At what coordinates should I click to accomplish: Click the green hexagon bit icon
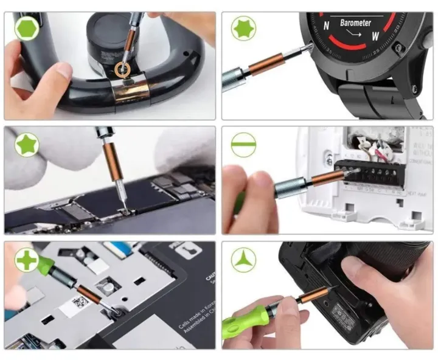tap(27, 28)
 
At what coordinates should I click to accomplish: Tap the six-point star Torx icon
tap(243, 28)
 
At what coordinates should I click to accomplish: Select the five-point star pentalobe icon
tap(27, 145)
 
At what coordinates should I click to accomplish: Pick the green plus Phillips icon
tap(27, 260)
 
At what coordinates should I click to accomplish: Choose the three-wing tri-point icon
tap(243, 260)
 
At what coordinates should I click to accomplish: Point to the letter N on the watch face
tap(327, 26)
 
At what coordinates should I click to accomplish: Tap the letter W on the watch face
tap(375, 35)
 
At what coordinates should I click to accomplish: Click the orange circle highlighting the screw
tap(124, 69)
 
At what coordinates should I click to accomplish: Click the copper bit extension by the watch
tap(266, 64)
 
